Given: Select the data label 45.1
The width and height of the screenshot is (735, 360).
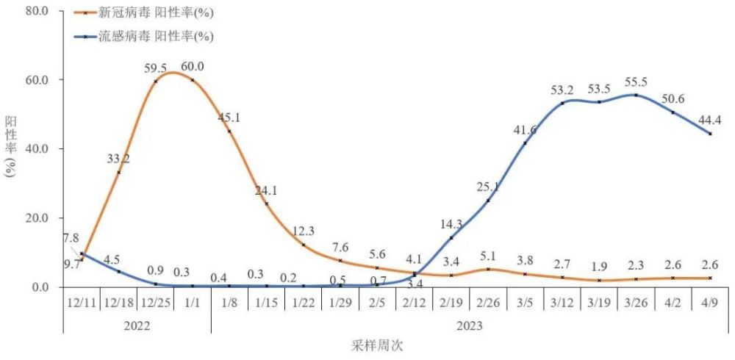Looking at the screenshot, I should [229, 118].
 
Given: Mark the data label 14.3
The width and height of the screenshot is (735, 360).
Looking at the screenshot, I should [451, 224].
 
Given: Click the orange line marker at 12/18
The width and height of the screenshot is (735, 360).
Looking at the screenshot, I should [118, 173].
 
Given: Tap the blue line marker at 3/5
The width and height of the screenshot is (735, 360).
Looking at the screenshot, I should [525, 143].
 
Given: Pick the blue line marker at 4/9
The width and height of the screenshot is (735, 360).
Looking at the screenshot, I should [710, 134].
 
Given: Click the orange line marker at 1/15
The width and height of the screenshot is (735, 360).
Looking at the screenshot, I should [266, 204].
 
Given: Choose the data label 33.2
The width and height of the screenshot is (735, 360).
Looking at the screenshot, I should [118, 158].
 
